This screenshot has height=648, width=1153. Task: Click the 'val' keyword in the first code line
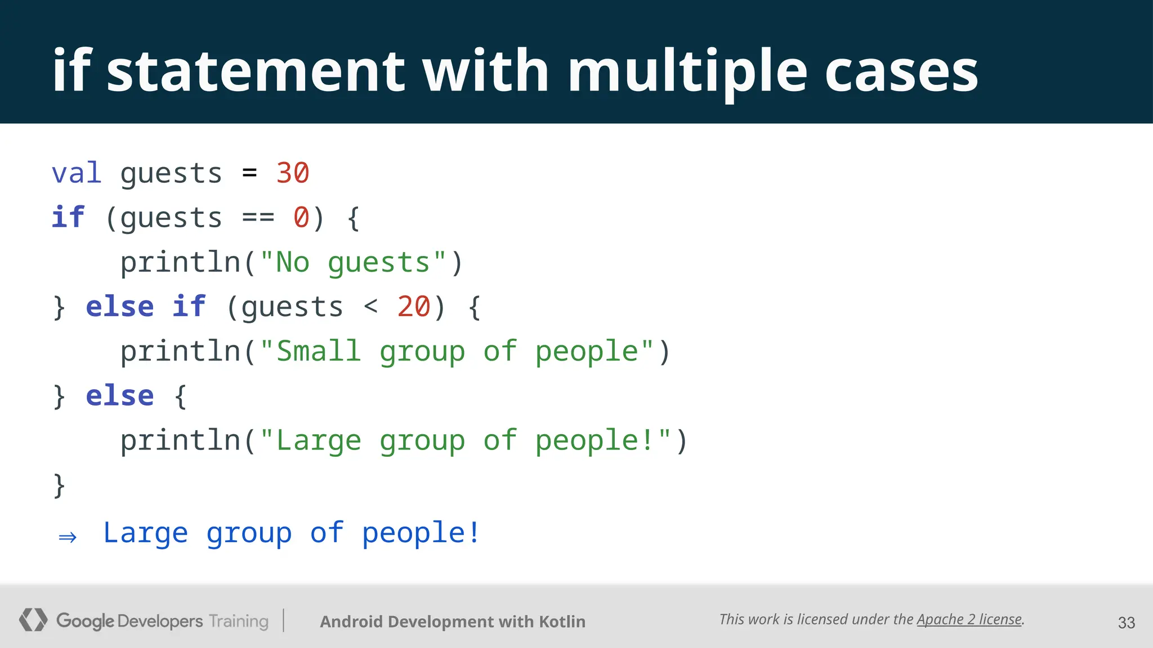pos(77,173)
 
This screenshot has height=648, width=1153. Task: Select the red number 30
pos(293,173)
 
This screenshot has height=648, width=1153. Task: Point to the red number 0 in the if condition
pos(301,218)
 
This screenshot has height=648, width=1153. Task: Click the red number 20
pos(414,307)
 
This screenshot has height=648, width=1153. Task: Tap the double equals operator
pos(258,218)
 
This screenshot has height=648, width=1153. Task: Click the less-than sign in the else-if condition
pos(370,307)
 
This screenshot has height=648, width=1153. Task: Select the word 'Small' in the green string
pos(319,352)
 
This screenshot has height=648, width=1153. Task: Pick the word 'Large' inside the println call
pos(319,440)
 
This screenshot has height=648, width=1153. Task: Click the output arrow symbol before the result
pos(68,537)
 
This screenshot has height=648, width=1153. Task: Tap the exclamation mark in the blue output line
pos(474,532)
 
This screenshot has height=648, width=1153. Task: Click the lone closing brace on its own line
pos(59,485)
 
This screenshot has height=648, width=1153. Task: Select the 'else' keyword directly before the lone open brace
pos(120,396)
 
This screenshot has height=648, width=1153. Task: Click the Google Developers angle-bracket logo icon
pos(33,620)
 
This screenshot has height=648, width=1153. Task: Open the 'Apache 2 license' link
pos(969,619)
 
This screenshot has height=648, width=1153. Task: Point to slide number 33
pos(1126,623)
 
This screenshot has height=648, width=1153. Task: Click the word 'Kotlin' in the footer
pos(562,622)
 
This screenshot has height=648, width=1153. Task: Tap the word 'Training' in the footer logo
pos(239,622)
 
